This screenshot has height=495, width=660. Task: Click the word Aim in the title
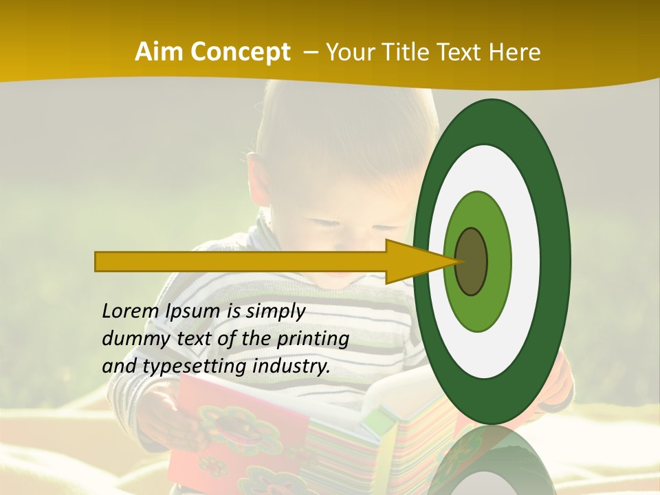pyautogui.click(x=158, y=52)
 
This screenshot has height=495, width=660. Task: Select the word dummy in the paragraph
pyautogui.click(x=132, y=339)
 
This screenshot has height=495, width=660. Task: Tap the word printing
pyautogui.click(x=312, y=339)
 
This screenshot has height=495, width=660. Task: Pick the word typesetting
pyautogui.click(x=195, y=366)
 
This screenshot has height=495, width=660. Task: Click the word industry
pyautogui.click(x=291, y=366)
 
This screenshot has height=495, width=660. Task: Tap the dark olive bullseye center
pyautogui.click(x=471, y=262)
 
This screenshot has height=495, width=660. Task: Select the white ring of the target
pyautogui.click(x=526, y=262)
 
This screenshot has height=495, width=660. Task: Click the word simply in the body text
pyautogui.click(x=274, y=311)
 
